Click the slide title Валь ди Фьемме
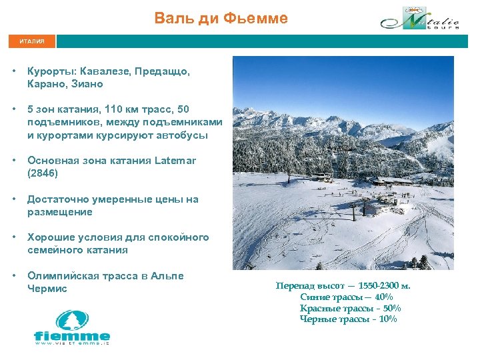[221, 18]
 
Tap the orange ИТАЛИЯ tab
[32, 41]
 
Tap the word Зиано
[86, 85]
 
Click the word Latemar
[175, 161]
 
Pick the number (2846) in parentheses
[43, 173]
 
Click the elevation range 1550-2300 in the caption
[378, 286]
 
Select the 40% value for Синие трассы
[383, 297]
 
